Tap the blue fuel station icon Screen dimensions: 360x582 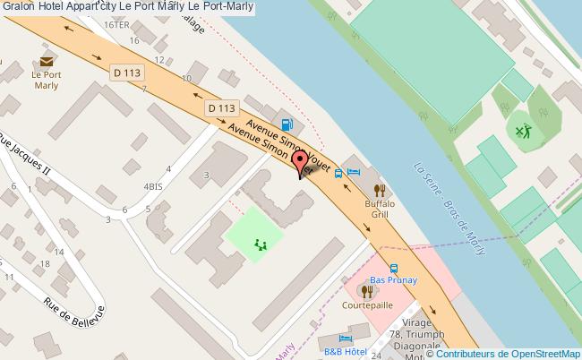pos(286,125)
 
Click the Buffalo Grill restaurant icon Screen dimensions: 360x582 pos(380,190)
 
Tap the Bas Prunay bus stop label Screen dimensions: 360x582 pos(394,279)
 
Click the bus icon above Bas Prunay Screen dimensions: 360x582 pos(393,268)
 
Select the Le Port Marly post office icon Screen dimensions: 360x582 pos(46,60)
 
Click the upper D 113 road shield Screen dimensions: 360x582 pos(126,71)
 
